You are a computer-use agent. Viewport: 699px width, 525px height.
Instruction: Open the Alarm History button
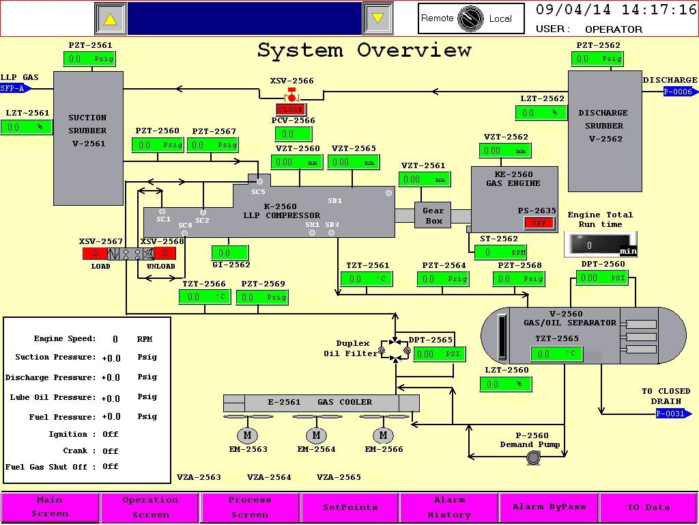click(x=449, y=507)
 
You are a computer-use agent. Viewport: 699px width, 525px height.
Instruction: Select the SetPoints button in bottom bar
click(x=350, y=507)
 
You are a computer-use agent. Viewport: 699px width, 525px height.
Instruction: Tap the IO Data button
click(x=648, y=507)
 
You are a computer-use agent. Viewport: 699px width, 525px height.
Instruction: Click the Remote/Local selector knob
click(x=471, y=18)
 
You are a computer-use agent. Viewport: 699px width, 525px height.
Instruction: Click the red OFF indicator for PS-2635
click(x=539, y=223)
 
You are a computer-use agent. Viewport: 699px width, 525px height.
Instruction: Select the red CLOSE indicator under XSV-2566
click(x=291, y=109)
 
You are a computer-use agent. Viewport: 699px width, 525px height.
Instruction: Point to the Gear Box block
click(x=433, y=216)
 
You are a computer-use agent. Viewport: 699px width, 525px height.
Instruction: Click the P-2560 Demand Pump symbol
click(x=532, y=459)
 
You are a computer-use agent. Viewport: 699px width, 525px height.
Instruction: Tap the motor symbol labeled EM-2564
click(x=316, y=435)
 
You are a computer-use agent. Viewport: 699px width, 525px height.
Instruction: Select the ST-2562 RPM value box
click(x=502, y=252)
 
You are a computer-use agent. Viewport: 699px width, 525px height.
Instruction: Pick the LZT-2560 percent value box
click(x=506, y=384)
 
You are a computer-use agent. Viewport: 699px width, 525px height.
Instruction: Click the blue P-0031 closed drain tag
click(x=669, y=414)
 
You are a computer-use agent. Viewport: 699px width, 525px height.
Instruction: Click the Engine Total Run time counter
click(x=600, y=245)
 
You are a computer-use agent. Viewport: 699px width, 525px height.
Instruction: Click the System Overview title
click(x=364, y=51)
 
